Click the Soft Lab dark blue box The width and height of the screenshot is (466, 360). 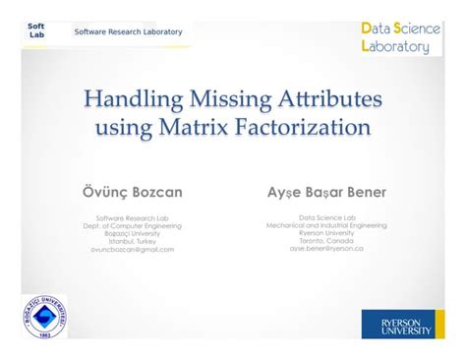coord(36,30)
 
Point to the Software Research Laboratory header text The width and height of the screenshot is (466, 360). coord(128,31)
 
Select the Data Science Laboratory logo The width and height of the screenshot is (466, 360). coord(401,36)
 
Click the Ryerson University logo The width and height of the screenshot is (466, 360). coord(397,323)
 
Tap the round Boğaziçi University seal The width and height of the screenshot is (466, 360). coord(44,317)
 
